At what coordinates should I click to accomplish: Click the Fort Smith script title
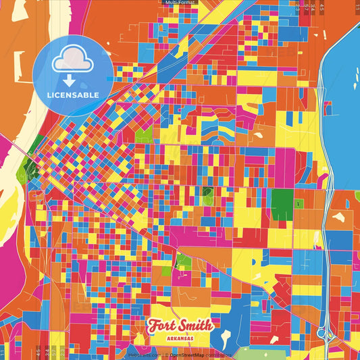coord(180,325)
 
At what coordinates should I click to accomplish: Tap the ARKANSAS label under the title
coord(180,337)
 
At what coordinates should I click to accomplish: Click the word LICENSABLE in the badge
coord(73,95)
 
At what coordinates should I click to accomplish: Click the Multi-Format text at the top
coord(180,3)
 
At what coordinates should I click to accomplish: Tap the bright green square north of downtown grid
coord(144,135)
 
